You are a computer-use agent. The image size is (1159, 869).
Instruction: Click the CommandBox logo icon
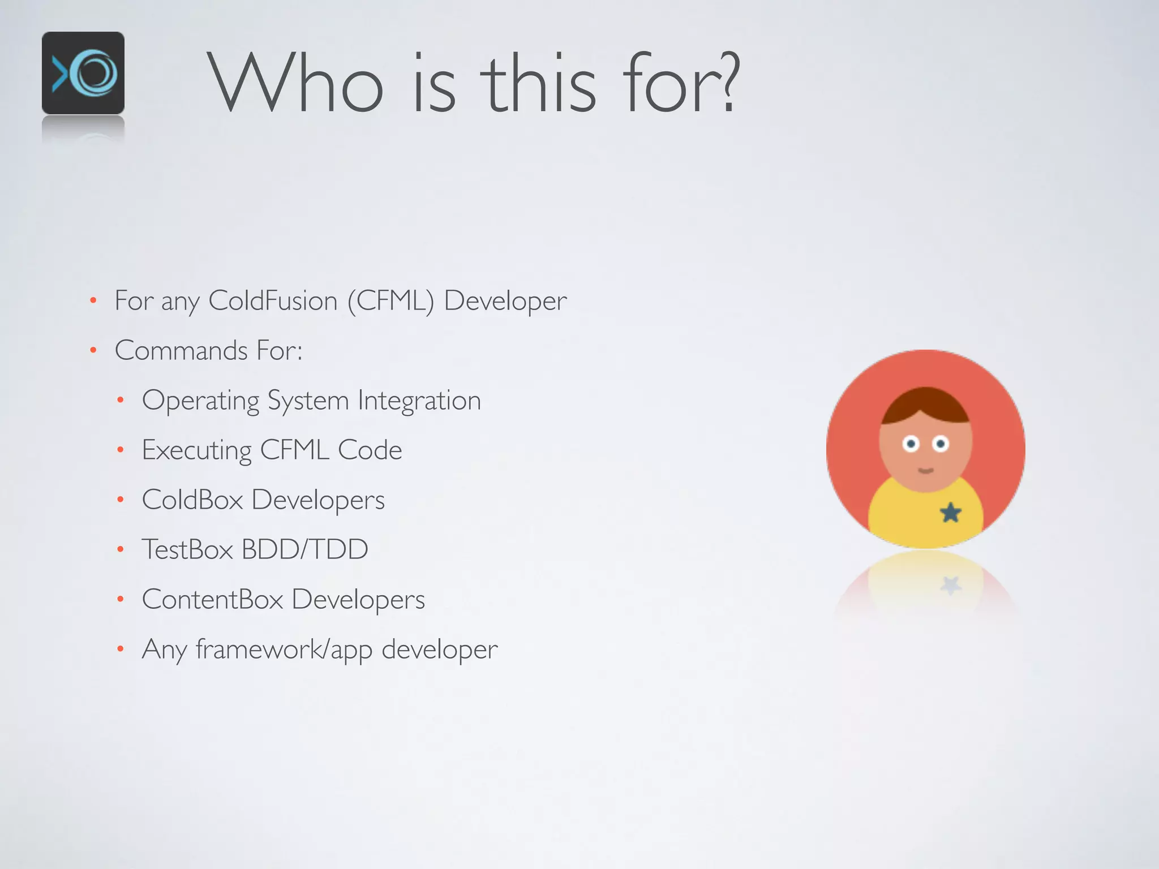pyautogui.click(x=83, y=73)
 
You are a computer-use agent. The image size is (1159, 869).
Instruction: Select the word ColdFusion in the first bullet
pyautogui.click(x=273, y=300)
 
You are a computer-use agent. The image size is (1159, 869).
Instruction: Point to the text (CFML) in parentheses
pyautogui.click(x=390, y=300)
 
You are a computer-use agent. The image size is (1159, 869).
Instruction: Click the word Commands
pyautogui.click(x=181, y=350)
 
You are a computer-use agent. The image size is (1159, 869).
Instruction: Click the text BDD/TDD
pyautogui.click(x=305, y=549)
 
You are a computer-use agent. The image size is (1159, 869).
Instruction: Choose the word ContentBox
pyautogui.click(x=212, y=599)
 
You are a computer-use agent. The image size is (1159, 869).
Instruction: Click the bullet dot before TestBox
pyautogui.click(x=120, y=549)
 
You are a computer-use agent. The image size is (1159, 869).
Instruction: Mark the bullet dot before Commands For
pyautogui.click(x=93, y=351)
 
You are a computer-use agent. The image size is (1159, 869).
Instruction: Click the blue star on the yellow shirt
pyautogui.click(x=951, y=513)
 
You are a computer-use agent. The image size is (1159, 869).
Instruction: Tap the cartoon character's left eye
pyautogui.click(x=911, y=444)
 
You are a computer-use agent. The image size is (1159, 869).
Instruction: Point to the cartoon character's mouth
pyautogui.click(x=926, y=470)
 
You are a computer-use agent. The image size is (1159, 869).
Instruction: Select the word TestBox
pyautogui.click(x=187, y=549)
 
